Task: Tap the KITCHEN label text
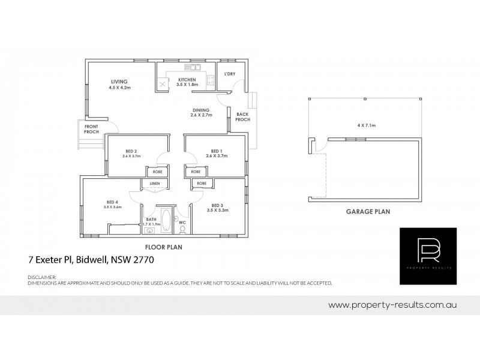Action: (x=187, y=80)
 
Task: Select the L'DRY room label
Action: (x=229, y=74)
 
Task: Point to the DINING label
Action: (x=200, y=110)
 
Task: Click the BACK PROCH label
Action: (x=242, y=116)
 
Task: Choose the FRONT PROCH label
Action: (x=91, y=128)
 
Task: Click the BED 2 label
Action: (x=131, y=151)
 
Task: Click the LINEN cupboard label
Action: (x=154, y=183)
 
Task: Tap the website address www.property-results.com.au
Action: (x=393, y=305)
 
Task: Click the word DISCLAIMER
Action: (x=42, y=277)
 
